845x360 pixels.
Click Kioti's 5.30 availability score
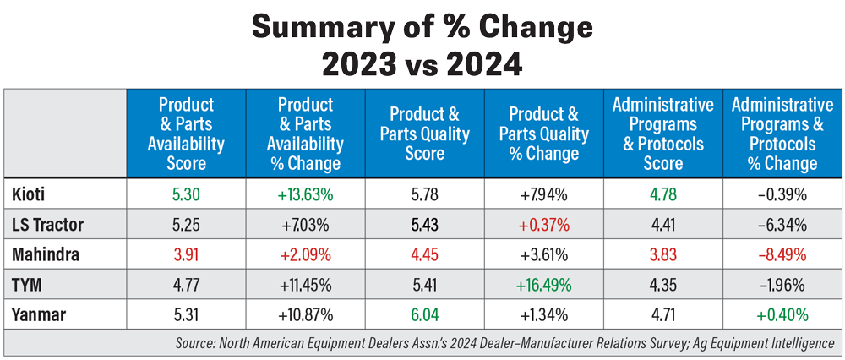pyautogui.click(x=186, y=194)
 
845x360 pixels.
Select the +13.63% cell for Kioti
pyautogui.click(x=305, y=194)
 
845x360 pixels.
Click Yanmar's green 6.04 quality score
pyautogui.click(x=424, y=316)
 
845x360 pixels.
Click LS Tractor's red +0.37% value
pyautogui.click(x=543, y=226)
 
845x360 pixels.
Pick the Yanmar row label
pyautogui.click(x=38, y=316)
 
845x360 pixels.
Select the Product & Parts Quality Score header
pyautogui.click(x=424, y=134)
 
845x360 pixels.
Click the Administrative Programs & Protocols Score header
pyautogui.click(x=662, y=134)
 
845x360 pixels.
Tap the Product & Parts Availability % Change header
pyautogui.click(x=305, y=134)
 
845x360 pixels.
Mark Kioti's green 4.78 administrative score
pyautogui.click(x=662, y=194)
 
